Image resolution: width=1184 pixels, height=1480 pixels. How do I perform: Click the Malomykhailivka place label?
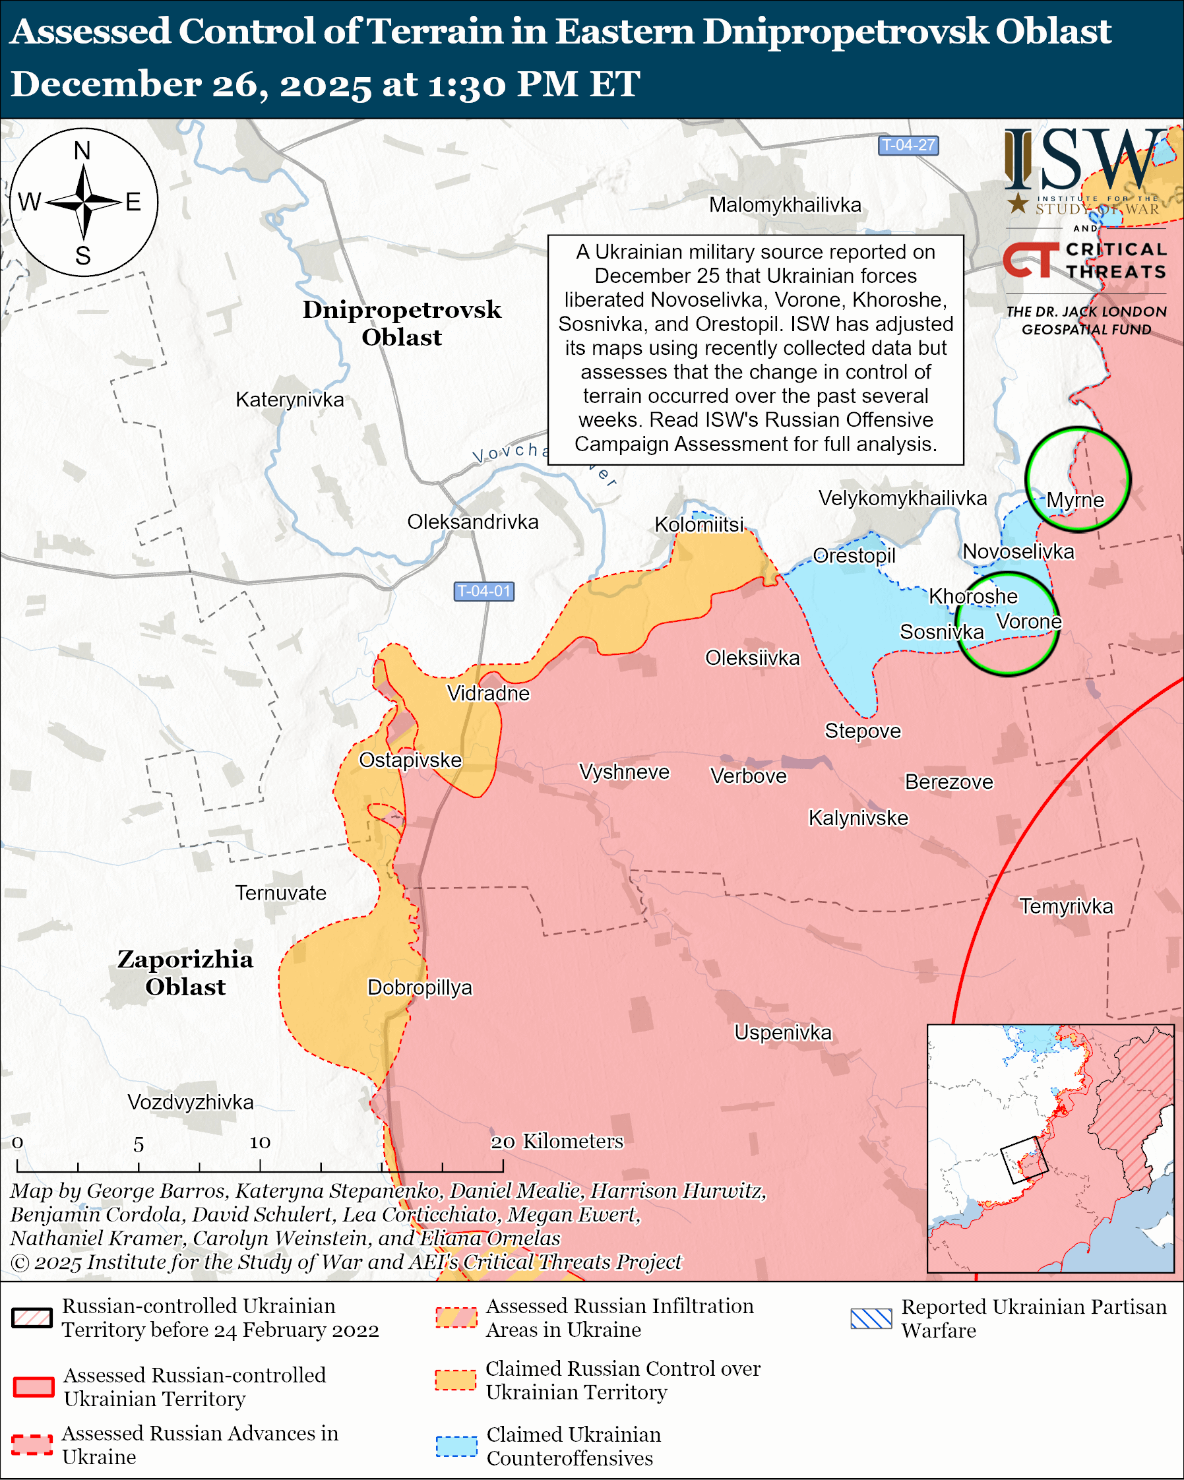[784, 204]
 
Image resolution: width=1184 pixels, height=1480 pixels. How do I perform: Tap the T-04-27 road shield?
[908, 146]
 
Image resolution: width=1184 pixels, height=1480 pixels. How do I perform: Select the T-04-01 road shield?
[484, 591]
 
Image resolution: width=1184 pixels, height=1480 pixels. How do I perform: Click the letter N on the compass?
[82, 150]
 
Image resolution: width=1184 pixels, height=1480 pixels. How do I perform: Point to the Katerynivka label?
[290, 400]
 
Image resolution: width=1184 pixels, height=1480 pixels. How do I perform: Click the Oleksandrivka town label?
[473, 522]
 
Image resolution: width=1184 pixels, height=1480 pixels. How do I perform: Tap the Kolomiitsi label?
[699, 524]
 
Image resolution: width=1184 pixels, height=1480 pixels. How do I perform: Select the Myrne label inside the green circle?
[1075, 500]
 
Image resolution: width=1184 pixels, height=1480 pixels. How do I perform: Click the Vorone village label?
[1028, 622]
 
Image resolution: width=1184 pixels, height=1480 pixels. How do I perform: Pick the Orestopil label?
[854, 555]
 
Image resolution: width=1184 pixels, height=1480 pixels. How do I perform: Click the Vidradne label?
[488, 693]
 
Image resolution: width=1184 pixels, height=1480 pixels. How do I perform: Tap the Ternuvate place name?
[281, 893]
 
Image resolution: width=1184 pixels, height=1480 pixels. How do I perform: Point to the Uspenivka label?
[782, 1032]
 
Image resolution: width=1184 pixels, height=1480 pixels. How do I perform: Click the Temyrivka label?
[1066, 906]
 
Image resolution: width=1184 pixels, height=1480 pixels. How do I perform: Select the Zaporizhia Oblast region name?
[185, 973]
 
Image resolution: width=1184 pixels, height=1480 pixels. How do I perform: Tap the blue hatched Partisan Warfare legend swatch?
[871, 1318]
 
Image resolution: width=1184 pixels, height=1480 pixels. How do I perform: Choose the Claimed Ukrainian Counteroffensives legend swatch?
[456, 1446]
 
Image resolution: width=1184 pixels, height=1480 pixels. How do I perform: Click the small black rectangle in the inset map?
[1024, 1160]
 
